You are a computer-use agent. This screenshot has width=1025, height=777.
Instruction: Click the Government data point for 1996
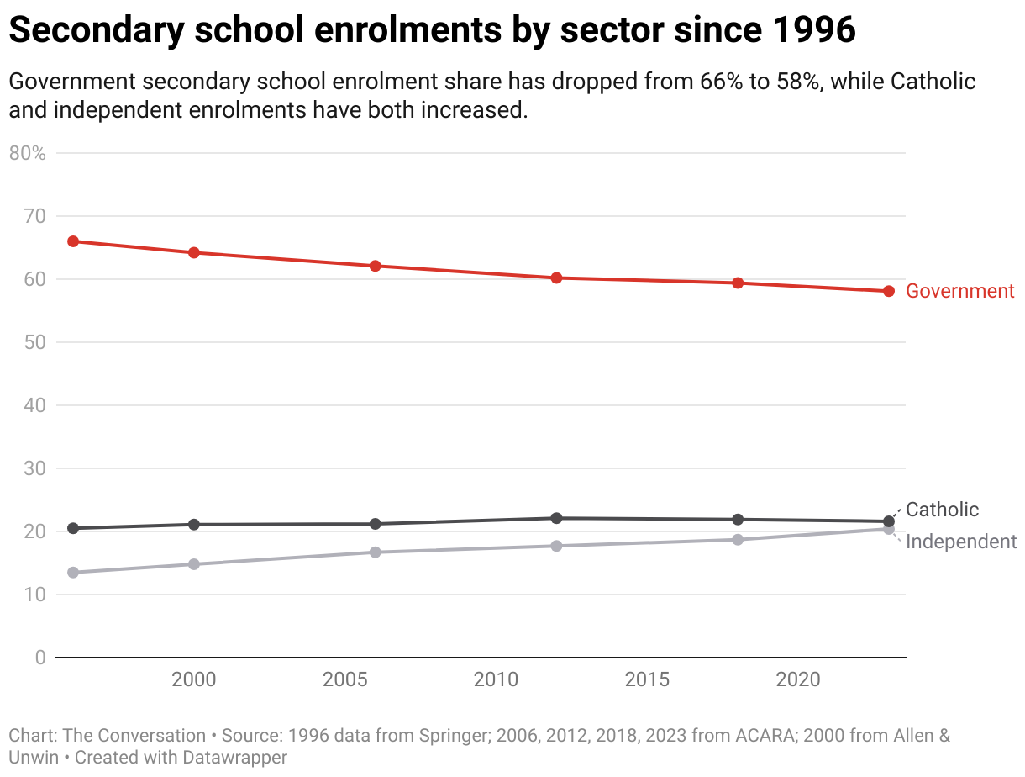(x=73, y=241)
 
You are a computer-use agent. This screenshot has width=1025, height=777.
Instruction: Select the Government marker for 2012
(x=556, y=277)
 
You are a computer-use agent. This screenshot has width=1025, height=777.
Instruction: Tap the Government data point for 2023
(x=889, y=291)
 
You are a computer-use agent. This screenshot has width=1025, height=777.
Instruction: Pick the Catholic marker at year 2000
(x=194, y=525)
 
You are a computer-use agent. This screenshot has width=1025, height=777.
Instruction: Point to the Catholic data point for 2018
(x=738, y=520)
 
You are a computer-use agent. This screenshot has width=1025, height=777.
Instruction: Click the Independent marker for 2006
(x=376, y=552)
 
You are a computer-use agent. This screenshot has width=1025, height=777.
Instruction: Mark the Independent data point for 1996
(x=73, y=573)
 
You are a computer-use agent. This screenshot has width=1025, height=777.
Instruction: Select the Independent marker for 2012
(x=556, y=546)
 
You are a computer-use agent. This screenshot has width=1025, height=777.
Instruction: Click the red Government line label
(x=960, y=291)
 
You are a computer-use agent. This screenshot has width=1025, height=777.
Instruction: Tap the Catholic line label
(x=943, y=510)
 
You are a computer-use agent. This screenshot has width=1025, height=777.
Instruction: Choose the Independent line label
(x=961, y=542)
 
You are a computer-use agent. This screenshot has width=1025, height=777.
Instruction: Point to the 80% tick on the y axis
(x=28, y=153)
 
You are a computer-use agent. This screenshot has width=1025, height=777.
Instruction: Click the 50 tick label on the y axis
(x=34, y=342)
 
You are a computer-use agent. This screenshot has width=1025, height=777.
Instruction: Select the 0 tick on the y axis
(x=40, y=658)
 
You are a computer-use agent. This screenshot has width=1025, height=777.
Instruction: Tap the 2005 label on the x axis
(x=345, y=679)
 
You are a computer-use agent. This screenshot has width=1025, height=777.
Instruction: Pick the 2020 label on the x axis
(x=798, y=679)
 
